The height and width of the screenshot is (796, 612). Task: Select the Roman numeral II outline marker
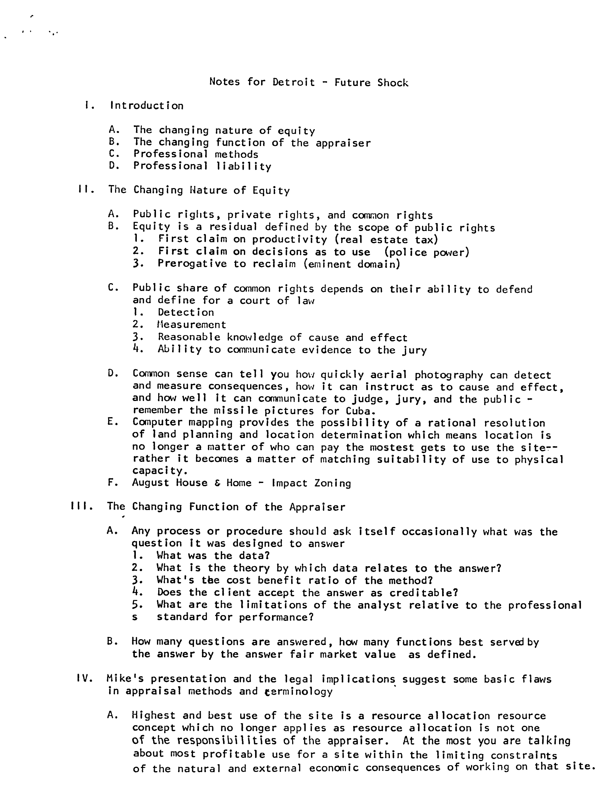coord(86,190)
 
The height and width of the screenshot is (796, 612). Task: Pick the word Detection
coord(186,312)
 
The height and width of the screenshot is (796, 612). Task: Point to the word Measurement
coord(192,324)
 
